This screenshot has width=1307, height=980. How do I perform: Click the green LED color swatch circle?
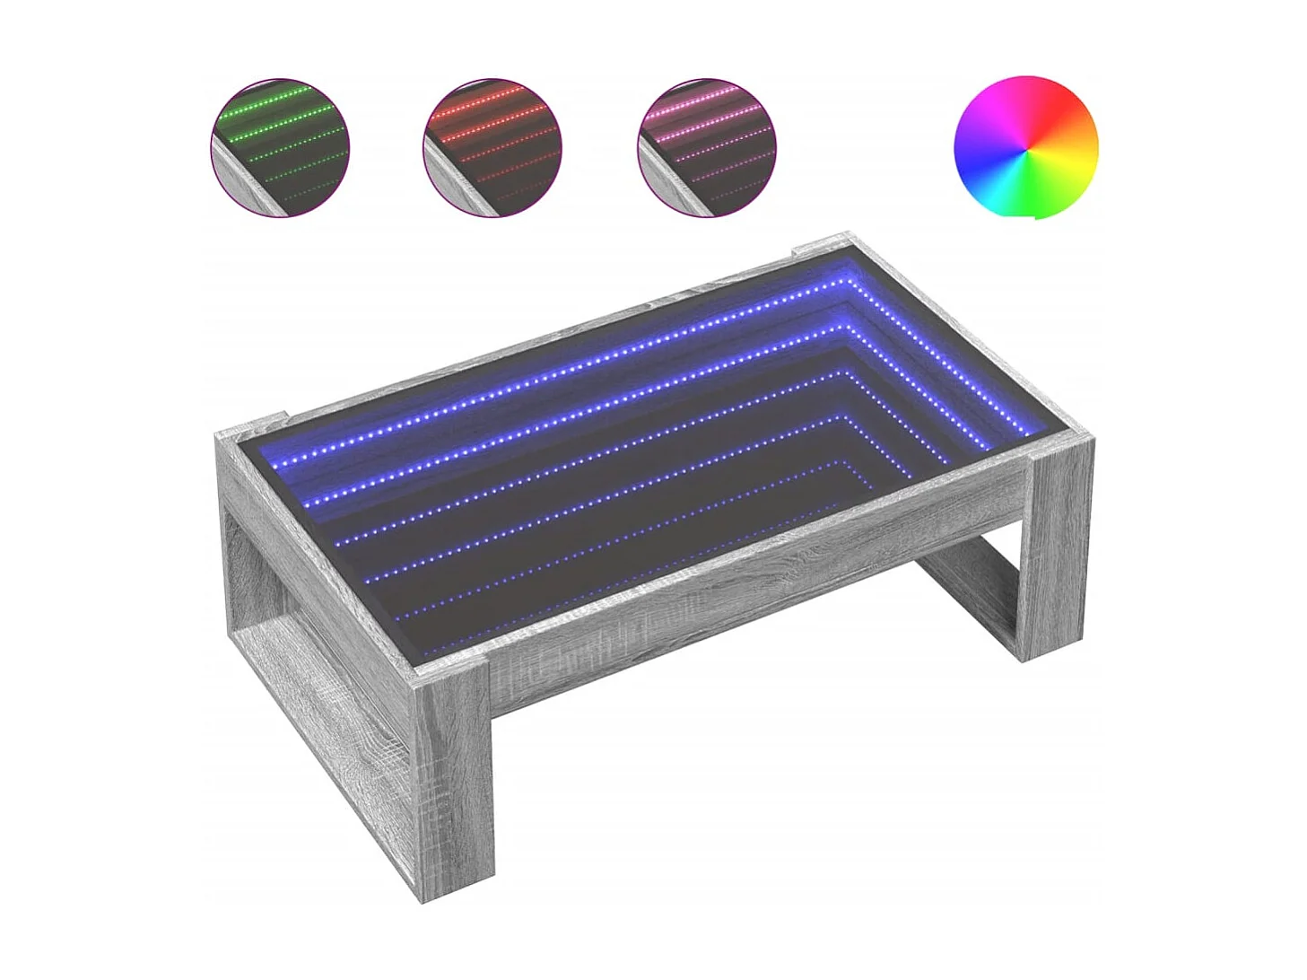[x=280, y=147]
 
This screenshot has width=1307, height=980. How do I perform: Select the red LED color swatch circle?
[x=492, y=147]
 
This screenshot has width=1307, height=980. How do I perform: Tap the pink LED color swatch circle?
[x=706, y=147]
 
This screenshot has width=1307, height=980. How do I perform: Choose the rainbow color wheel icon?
[x=1024, y=148]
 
